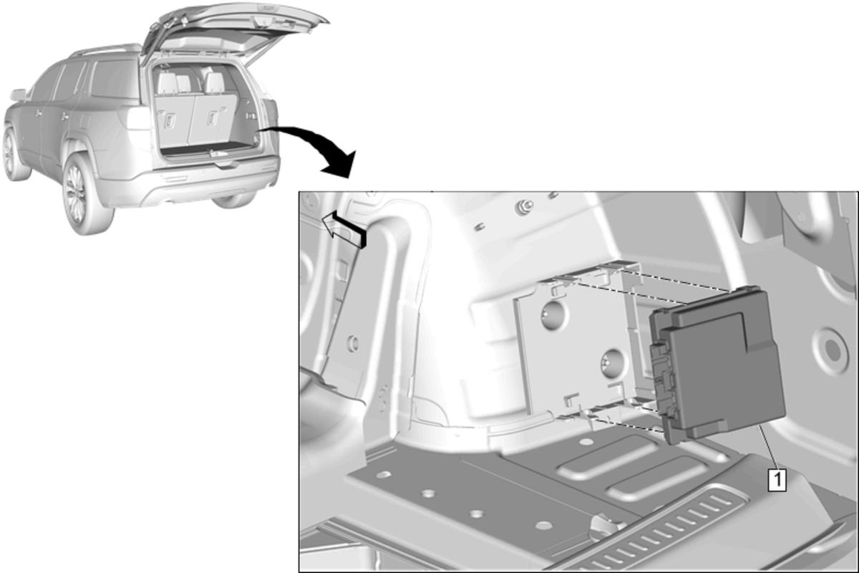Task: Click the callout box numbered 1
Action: pyautogui.click(x=777, y=480)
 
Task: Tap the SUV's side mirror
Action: pyautogui.click(x=18, y=95)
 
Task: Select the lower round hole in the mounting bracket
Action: pyautogui.click(x=611, y=362)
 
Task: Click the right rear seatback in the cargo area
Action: pyautogui.click(x=213, y=119)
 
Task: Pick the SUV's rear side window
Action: pyautogui.click(x=115, y=80)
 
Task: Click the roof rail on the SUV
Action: pyautogui.click(x=105, y=49)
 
